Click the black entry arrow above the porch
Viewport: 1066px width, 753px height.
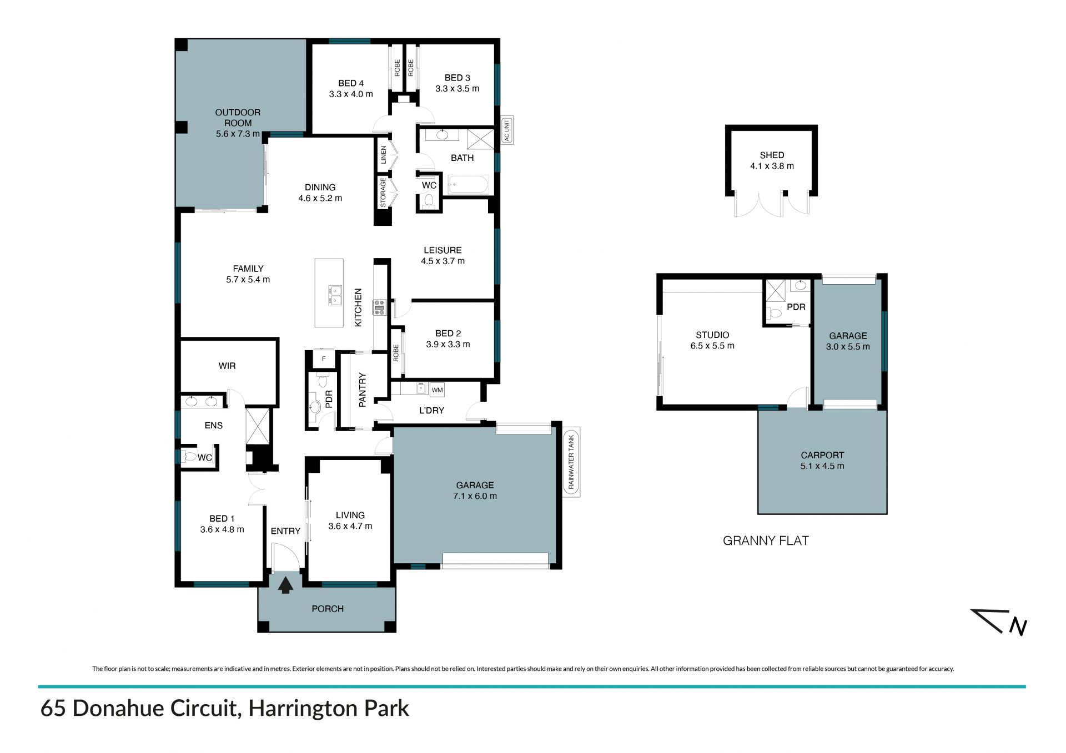(x=286, y=585)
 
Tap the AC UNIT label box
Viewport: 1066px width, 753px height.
(x=506, y=130)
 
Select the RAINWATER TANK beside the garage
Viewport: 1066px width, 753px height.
(x=571, y=462)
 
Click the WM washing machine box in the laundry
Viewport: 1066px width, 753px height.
(x=437, y=390)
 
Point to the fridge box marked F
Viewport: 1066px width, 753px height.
(x=324, y=358)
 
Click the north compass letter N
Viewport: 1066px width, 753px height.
(x=1018, y=626)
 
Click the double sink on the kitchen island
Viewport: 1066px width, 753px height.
(x=335, y=296)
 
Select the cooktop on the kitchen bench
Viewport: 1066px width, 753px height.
(x=379, y=307)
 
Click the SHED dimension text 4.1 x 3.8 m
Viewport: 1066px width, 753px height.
(x=772, y=166)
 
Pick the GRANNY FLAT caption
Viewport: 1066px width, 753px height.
(x=766, y=540)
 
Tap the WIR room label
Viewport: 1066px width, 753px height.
(x=227, y=366)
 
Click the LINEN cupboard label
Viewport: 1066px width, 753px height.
(x=383, y=155)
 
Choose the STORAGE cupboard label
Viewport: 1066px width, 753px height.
(x=383, y=193)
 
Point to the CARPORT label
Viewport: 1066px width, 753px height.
(x=822, y=455)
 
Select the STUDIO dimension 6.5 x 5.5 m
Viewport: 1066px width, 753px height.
(x=712, y=346)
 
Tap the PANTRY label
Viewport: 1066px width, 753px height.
(x=363, y=390)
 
